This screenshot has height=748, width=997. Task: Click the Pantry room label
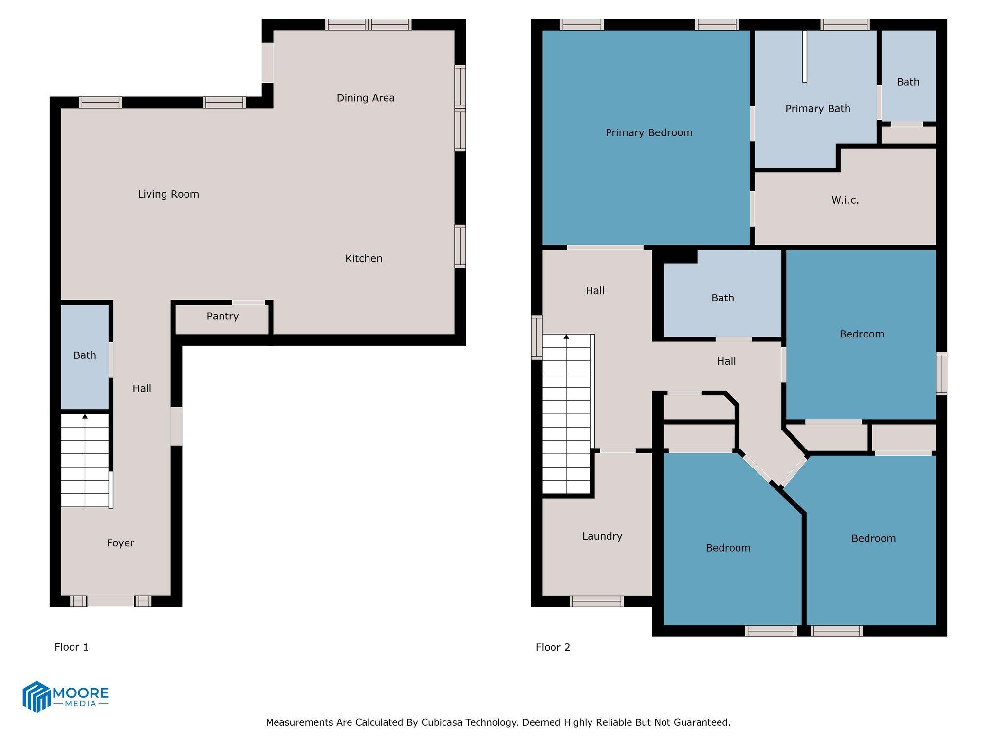point(222,317)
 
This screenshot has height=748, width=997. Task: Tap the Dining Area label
point(366,98)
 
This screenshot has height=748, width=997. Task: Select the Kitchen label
point(364,259)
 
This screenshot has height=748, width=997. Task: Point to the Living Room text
point(168,194)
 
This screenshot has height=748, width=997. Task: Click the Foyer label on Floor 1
point(120,543)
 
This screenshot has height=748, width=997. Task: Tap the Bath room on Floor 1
point(85,355)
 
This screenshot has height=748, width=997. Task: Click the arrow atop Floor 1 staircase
point(85,417)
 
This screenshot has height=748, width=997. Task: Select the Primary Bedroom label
point(648,133)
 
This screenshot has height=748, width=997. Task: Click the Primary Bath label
point(817,109)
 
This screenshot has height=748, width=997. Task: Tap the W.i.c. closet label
point(845,200)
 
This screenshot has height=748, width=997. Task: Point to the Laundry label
point(602,536)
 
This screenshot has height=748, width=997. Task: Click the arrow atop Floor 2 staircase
point(566,337)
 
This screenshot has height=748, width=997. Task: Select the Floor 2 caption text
point(553,647)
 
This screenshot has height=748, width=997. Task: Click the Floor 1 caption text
point(72,647)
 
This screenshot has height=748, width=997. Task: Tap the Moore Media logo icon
point(37,696)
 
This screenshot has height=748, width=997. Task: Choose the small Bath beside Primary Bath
point(908,82)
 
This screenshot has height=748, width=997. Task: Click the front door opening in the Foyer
point(111,601)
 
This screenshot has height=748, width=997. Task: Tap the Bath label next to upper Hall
point(722,298)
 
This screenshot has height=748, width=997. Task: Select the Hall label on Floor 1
point(142,389)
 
